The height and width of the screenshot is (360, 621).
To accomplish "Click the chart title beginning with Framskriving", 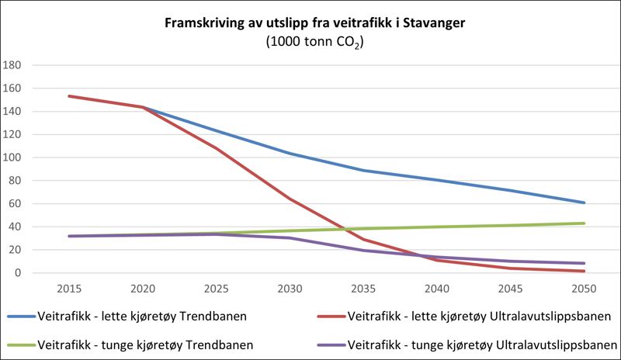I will coord(314,24).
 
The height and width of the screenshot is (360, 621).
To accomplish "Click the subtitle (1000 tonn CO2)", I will coord(314,43).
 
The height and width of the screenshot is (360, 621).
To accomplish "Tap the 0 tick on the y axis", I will coord(16,273).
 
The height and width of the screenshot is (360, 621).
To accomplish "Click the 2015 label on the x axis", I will coord(69,289).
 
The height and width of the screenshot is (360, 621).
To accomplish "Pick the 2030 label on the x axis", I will coord(290,289).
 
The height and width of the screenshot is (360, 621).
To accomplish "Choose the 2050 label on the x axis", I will coord(584,289).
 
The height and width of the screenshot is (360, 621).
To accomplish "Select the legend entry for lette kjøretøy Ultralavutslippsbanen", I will coord(465,317).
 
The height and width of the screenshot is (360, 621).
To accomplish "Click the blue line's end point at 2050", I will coord(584,202).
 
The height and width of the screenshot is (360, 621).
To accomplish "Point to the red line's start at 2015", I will coord(69,96).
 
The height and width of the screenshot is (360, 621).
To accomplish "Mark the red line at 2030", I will coord(290,199).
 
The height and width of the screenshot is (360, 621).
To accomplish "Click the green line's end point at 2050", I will coord(584,223).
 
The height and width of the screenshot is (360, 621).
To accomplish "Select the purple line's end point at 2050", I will coord(584,264).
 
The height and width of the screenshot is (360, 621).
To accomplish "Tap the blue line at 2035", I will coord(363,171).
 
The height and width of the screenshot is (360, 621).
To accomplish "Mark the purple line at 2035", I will coord(363,251).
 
